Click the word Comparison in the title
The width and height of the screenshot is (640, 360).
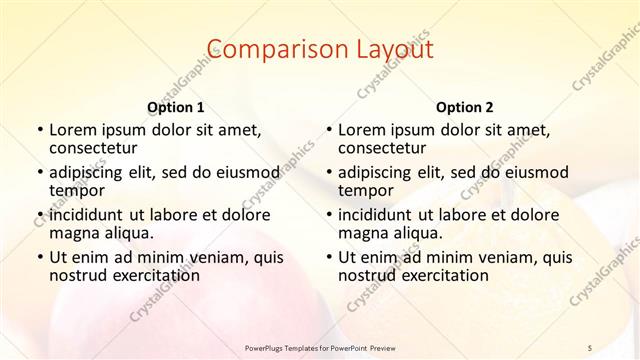(x=265, y=50)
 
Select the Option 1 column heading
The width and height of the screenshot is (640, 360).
(x=176, y=107)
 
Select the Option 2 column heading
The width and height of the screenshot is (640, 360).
(x=465, y=107)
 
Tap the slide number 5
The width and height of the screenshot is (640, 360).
(x=590, y=348)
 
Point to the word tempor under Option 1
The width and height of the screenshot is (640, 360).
(x=77, y=190)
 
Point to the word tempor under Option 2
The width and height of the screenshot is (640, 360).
(x=366, y=190)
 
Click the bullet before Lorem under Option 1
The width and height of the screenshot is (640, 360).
(x=39, y=130)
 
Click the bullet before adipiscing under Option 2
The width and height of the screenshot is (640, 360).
(x=328, y=173)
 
